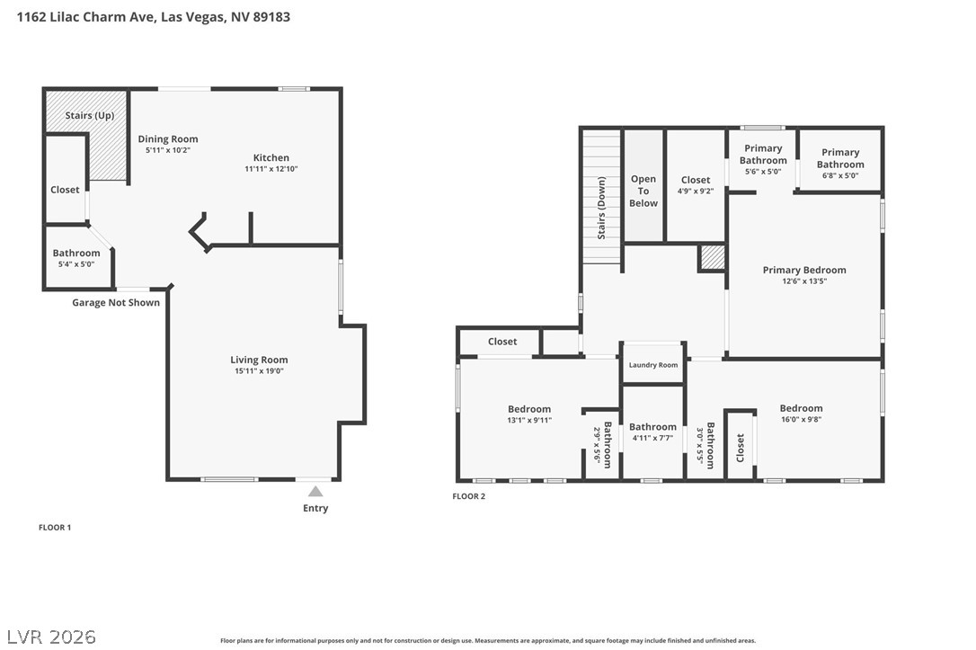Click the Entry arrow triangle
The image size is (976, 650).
coord(315,491)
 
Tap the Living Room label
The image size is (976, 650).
coord(259,360)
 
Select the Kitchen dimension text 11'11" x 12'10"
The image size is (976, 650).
coord(271,169)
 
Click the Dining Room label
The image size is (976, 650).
coord(168,139)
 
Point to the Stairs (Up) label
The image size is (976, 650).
coord(90,116)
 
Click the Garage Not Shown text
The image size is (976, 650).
coord(116,303)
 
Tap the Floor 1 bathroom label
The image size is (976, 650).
coord(75,253)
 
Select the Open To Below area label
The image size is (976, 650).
coord(643,191)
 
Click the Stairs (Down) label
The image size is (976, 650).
coord(601,208)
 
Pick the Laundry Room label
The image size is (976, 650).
coord(653,365)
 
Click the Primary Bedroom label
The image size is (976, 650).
coord(804,271)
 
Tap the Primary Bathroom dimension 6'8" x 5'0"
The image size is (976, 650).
coord(840,175)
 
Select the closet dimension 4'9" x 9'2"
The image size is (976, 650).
coord(696,191)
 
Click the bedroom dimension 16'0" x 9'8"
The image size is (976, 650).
coord(801,419)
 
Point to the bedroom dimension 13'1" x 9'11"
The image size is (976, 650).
coord(529,420)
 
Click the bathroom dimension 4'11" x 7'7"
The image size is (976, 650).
coord(652,438)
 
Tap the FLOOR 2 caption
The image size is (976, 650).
coord(469,496)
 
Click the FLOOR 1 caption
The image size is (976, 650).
coord(55,528)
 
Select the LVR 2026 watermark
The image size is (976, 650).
coord(51,637)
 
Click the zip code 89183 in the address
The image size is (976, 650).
coord(271,17)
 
